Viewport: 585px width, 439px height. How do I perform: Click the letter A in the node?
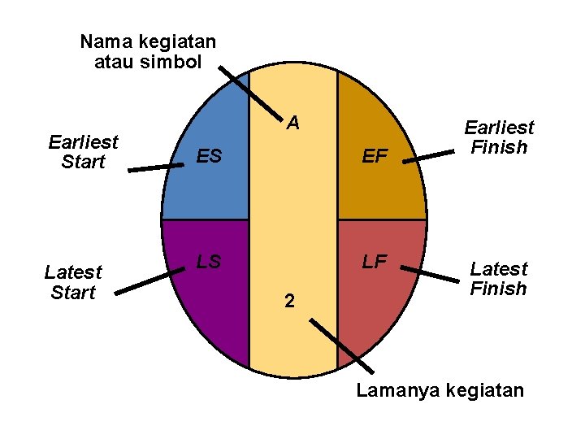293,124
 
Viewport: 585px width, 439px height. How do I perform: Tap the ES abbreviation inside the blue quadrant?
210,156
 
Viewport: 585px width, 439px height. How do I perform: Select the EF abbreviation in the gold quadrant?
375,156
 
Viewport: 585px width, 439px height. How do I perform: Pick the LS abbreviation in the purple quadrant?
209,262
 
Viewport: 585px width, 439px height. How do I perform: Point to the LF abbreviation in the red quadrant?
375,262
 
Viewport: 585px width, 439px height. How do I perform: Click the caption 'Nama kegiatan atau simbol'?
148,51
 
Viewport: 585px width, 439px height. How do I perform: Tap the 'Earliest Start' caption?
83,152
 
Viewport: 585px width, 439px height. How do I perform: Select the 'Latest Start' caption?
73,282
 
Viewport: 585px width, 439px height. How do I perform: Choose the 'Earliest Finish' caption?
499,137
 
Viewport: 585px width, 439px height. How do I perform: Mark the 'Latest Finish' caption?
499,278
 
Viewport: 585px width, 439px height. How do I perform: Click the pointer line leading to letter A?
250,91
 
